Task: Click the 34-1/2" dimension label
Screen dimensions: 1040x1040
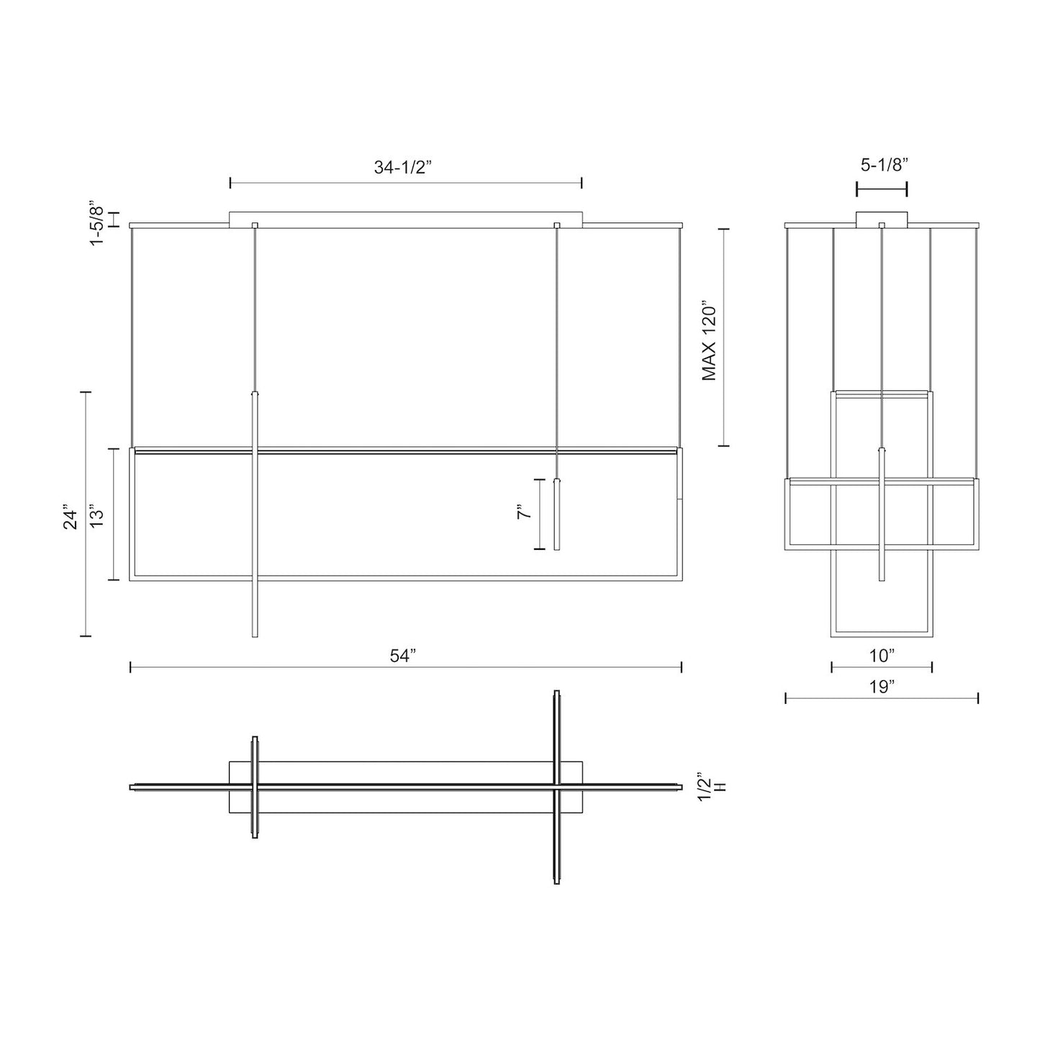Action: [x=402, y=167]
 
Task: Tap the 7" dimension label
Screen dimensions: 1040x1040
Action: [x=524, y=512]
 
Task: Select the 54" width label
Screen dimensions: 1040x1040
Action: [x=403, y=656]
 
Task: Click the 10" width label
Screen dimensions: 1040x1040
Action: [x=882, y=656]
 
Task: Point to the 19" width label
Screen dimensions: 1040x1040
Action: [x=881, y=687]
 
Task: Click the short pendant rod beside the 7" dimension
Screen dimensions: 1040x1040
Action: [x=557, y=514]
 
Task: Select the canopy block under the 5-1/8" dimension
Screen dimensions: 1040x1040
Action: [x=882, y=218]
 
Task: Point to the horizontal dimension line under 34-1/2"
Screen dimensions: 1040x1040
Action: [x=405, y=183]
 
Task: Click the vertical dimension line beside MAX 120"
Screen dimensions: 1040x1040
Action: [x=724, y=337]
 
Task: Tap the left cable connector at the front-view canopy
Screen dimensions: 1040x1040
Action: [x=255, y=226]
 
